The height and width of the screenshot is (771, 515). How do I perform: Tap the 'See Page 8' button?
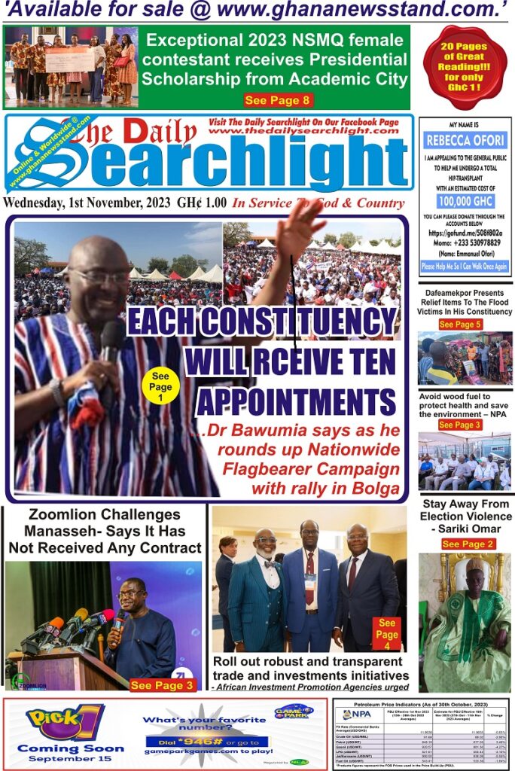tap(278, 100)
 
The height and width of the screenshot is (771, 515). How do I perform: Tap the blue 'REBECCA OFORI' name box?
tap(465, 140)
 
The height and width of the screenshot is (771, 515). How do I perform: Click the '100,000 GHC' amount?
tap(465, 203)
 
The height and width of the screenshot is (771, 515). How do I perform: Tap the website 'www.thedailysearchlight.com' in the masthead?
tap(291, 130)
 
